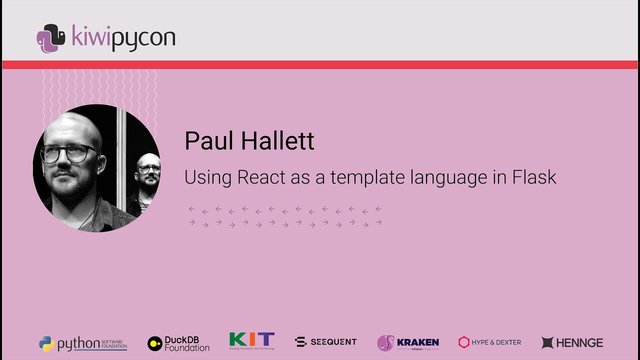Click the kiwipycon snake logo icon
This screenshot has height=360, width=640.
[x=50, y=38]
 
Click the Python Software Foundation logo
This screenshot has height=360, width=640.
[x=83, y=343]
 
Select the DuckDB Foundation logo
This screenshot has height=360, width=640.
[x=178, y=343]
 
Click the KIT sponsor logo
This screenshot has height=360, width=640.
[x=252, y=341]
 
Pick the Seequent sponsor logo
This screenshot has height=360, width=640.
[x=326, y=342]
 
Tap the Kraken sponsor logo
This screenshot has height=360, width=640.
[x=408, y=343]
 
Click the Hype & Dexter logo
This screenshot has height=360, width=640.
[x=489, y=342]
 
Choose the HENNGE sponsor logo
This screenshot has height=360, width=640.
[x=572, y=342]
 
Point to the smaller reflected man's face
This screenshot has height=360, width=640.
[x=148, y=170]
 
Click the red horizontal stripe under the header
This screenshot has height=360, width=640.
[x=320, y=64]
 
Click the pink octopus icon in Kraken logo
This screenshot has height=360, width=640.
[x=385, y=343]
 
